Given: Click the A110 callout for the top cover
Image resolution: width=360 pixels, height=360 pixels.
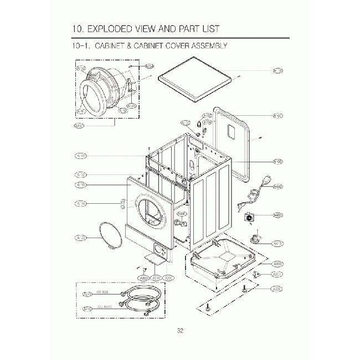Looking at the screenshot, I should click(277, 70).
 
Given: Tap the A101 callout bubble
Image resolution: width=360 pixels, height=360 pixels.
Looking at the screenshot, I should click(277, 116).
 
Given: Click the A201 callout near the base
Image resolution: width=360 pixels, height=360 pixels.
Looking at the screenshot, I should click(277, 274).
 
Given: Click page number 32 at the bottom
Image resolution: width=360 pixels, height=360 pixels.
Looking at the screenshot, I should click(180, 331).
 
